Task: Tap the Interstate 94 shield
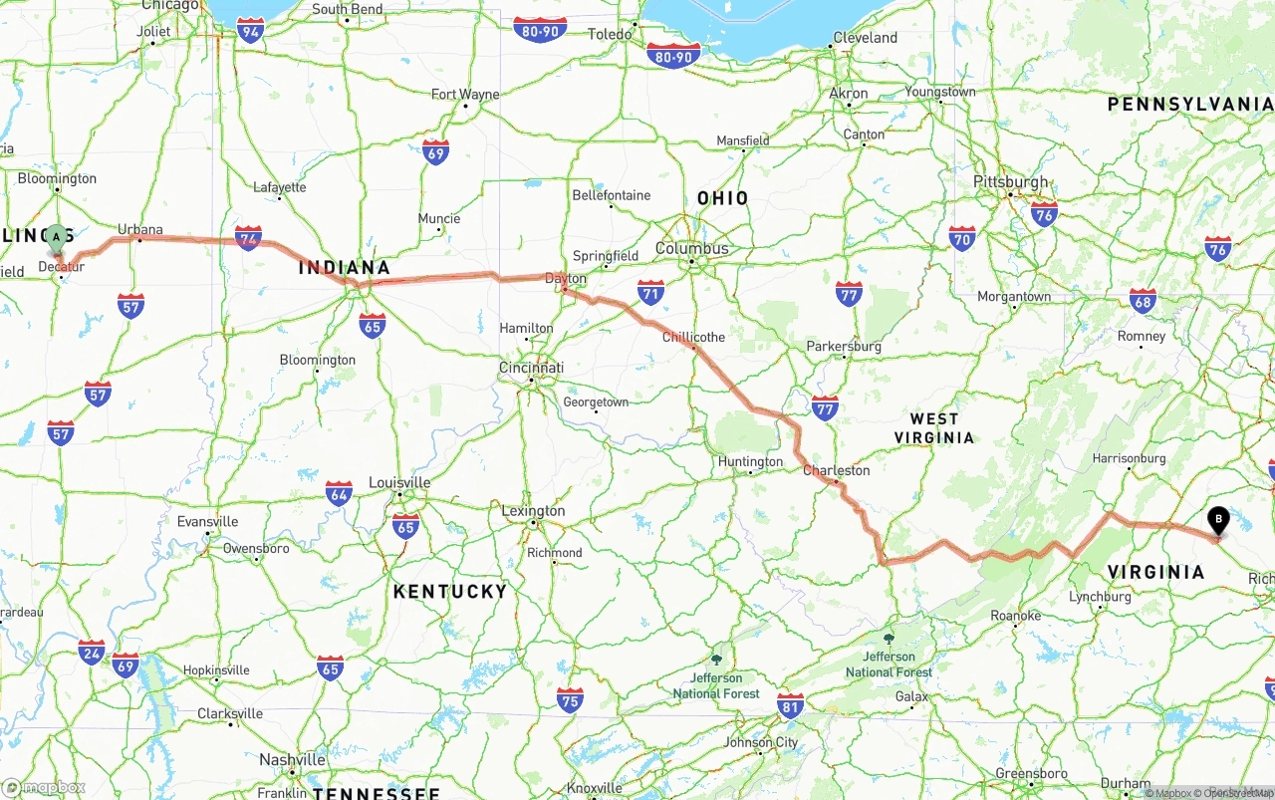click(x=251, y=31)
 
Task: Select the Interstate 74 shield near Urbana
click(x=248, y=237)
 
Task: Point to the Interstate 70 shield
click(x=961, y=238)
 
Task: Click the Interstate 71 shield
click(x=650, y=292)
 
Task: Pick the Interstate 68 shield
click(x=1144, y=301)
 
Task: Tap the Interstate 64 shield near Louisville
click(x=339, y=493)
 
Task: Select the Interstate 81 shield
click(x=790, y=706)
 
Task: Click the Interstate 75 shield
click(x=570, y=700)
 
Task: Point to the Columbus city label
click(x=691, y=248)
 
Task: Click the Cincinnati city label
click(x=531, y=368)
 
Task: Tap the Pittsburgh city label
click(x=1011, y=181)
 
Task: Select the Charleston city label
click(x=837, y=470)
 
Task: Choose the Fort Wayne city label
click(x=465, y=95)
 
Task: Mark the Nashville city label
click(x=293, y=759)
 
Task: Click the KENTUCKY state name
click(x=450, y=591)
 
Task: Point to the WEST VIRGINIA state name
click(x=933, y=428)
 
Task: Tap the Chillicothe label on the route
click(x=694, y=337)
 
